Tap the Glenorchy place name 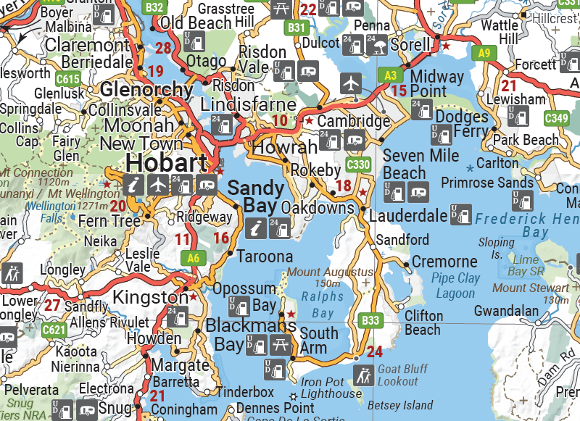pos(147,90)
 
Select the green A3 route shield pos(390,75)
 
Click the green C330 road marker pos(359,164)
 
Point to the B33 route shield pos(370,320)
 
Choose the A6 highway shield pos(192,257)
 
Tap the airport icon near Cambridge pos(351,83)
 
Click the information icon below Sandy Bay pos(254,228)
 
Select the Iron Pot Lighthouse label pos(331,388)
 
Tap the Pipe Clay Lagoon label pos(455,285)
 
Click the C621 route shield pos(55,330)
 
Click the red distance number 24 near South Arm pos(374,353)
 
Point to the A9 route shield pos(484,52)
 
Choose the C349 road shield pos(557,117)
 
